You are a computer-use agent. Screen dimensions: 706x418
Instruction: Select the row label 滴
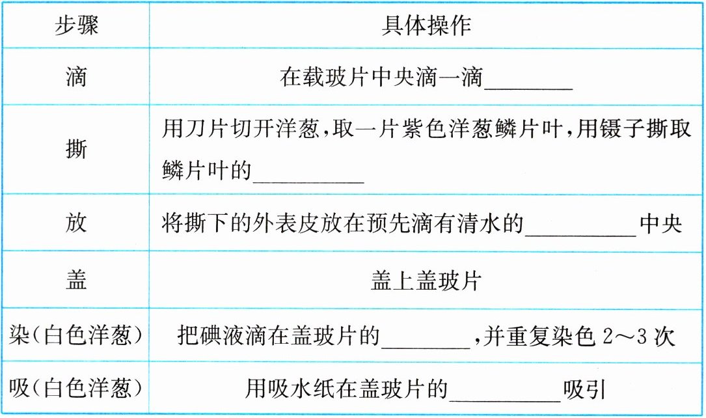coord(76,78)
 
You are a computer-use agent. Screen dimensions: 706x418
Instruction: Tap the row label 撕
coord(76,149)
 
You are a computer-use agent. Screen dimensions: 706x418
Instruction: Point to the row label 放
coord(76,223)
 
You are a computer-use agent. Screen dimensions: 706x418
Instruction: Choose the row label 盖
coord(76,280)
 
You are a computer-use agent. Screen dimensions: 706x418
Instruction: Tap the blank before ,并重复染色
coord(426,339)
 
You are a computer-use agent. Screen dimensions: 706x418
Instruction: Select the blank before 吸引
coord(504,392)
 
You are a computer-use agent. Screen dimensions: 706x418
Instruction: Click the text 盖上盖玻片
coord(426,281)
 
